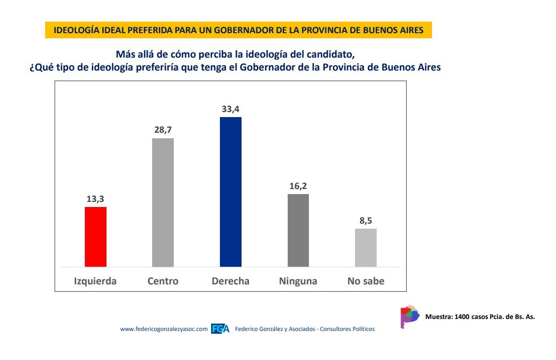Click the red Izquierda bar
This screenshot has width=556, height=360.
tap(96, 236)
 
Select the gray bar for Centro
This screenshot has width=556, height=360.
tap(163, 202)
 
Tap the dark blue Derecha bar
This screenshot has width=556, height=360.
tap(231, 192)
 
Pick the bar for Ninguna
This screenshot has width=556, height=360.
tap(298, 230)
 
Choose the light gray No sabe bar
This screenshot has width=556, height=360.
tap(366, 248)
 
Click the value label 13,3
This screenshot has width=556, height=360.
tap(96, 199)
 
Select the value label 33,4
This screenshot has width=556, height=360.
tap(231, 109)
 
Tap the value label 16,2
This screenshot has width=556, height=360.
tap(298, 186)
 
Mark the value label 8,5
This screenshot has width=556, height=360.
tap(366, 221)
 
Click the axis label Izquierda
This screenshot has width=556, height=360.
tap(95, 281)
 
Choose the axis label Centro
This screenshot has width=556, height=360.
tap(163, 281)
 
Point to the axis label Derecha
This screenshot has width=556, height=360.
tap(231, 281)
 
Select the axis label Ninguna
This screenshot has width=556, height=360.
tap(298, 281)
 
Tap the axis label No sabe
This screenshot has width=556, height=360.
tap(366, 281)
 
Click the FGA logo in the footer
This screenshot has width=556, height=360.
tap(220, 329)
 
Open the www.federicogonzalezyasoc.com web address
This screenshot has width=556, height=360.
tap(164, 329)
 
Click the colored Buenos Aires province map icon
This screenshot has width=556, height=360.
tap(409, 316)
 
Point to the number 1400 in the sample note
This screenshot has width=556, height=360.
tap(462, 317)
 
